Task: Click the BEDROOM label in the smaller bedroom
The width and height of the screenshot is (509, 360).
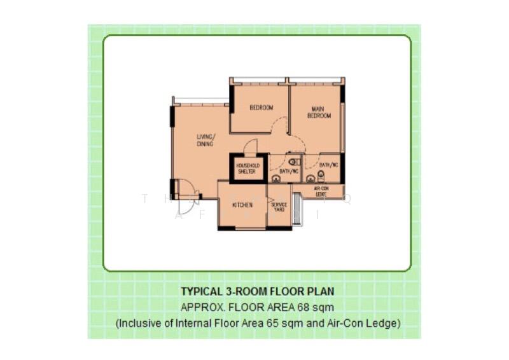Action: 261,107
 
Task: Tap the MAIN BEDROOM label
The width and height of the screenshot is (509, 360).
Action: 319,112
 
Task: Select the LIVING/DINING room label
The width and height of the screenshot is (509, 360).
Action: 205,140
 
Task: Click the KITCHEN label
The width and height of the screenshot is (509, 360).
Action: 242,205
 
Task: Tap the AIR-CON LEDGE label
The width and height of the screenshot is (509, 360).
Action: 321,191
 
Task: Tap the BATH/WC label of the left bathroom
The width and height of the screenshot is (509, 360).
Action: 289,171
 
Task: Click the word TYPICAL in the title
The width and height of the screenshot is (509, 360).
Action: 200,292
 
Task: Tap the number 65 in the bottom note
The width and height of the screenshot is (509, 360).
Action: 279,323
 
